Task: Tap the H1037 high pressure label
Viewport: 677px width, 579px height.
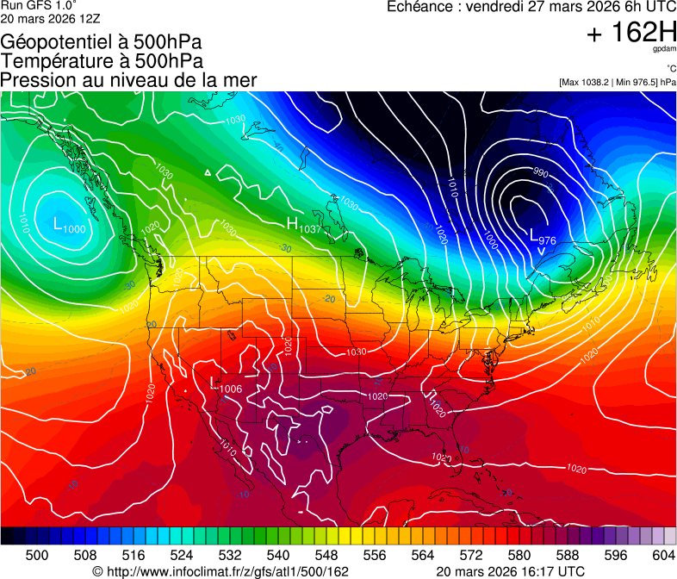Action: pos(303,226)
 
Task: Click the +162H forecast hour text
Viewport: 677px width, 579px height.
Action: pos(631,34)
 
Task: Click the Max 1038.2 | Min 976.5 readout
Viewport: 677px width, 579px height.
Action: pos(617,82)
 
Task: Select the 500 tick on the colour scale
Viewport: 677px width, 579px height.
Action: pos(37,555)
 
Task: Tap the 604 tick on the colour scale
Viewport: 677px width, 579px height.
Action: pos(664,555)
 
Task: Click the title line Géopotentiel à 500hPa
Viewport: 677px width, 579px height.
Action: pos(102,41)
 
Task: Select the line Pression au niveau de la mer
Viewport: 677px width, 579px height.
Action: pos(128,79)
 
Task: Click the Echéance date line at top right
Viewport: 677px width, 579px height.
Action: pos(531,7)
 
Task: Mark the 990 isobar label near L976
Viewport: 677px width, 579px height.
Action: pos(540,172)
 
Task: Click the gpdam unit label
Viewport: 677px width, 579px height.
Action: pos(664,49)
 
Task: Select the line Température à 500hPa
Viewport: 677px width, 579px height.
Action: pos(102,60)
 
